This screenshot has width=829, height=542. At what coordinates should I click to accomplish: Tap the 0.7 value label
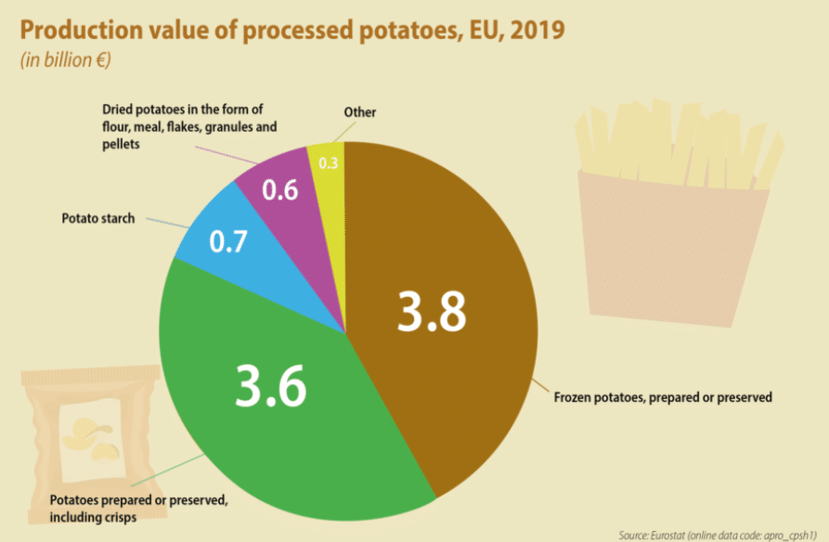click(x=227, y=244)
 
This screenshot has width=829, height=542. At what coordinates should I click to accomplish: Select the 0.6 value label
click(x=279, y=190)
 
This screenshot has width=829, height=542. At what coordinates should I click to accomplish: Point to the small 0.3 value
click(x=328, y=163)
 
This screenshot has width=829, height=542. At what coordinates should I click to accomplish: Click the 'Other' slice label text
click(x=360, y=112)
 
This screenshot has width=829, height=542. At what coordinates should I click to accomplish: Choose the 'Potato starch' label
click(x=98, y=218)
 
